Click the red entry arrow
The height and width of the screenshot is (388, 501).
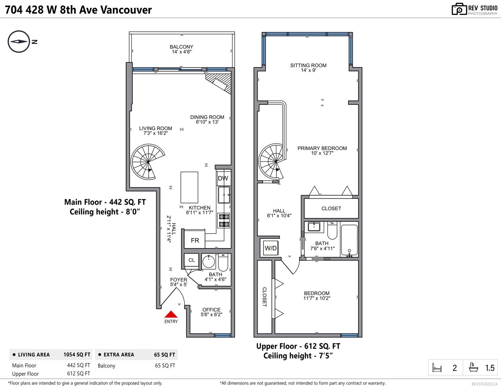[171, 314]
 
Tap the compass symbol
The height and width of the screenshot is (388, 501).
[19, 42]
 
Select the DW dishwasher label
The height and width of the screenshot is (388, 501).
[223, 178]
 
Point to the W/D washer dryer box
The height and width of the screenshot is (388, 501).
[271, 248]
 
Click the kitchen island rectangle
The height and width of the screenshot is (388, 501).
[189, 187]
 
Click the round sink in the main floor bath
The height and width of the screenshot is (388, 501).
[209, 262]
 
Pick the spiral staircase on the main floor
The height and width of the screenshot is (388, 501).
[148, 161]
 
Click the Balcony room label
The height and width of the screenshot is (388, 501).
[182, 47]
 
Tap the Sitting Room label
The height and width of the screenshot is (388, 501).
[308, 65]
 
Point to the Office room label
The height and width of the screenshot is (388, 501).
[211, 310]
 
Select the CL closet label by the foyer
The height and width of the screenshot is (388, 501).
[191, 260]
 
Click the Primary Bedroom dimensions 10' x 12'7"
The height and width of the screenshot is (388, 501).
[322, 153]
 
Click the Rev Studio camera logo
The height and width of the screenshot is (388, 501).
[459, 9]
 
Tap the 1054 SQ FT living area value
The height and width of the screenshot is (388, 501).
[77, 355]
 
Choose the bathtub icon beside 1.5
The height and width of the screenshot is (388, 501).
[474, 367]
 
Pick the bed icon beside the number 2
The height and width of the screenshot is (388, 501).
[437, 368]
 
